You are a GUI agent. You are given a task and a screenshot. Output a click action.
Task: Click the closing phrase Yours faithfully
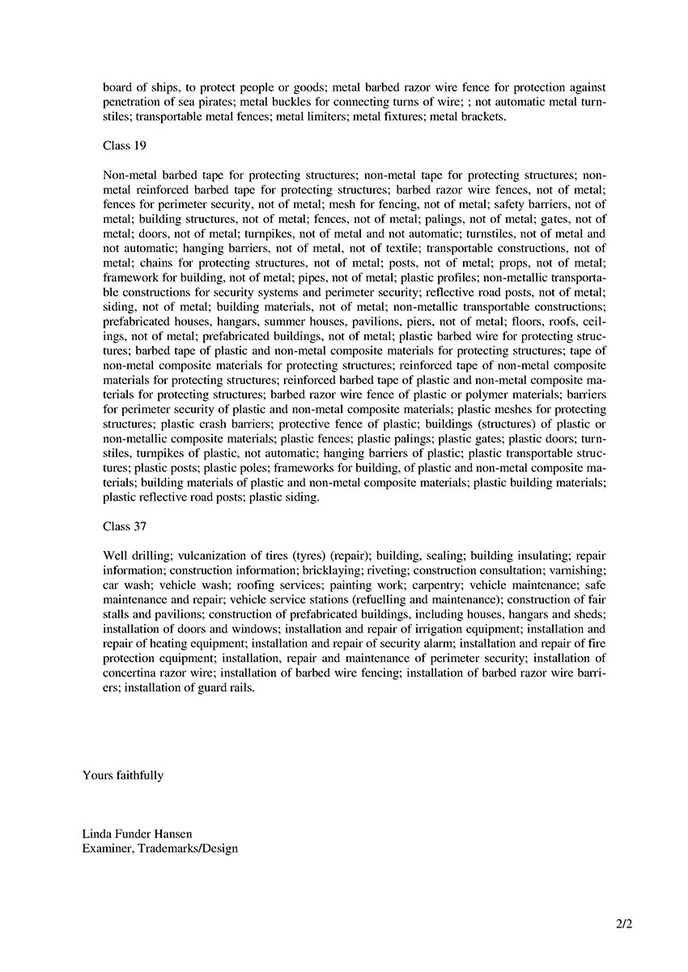coord(123,775)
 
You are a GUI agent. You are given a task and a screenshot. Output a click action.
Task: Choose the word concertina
coord(134,672)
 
